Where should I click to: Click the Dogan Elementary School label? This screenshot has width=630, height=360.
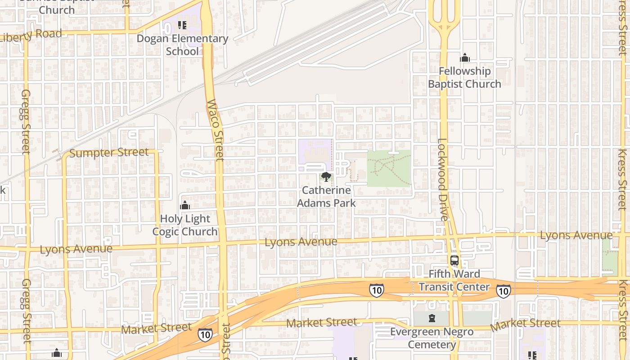coord(182,45)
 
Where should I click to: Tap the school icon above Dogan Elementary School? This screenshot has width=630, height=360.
coord(182,25)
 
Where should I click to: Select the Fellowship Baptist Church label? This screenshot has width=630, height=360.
coord(464,77)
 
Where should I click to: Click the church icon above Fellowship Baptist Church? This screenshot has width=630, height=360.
coord(464,58)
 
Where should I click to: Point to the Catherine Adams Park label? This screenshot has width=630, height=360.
coord(326,197)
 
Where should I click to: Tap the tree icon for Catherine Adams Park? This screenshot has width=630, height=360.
coord(326,177)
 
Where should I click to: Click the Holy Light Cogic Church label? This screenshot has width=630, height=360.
coord(185,225)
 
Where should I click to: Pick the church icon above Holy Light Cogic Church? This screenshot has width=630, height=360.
coord(185,206)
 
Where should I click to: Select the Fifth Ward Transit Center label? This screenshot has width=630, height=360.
coord(454,280)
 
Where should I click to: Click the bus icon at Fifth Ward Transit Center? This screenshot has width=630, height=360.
coord(454,261)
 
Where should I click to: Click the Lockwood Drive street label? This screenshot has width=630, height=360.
coord(443,179)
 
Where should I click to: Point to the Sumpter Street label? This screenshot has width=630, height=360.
coord(109,153)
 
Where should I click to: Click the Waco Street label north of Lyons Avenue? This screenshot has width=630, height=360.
coord(215,130)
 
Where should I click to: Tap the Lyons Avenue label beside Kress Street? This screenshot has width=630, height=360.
coord(576,235)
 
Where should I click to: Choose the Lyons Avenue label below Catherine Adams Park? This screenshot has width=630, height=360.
coord(301,242)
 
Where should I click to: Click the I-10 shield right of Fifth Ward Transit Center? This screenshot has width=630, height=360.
coord(504,291)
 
